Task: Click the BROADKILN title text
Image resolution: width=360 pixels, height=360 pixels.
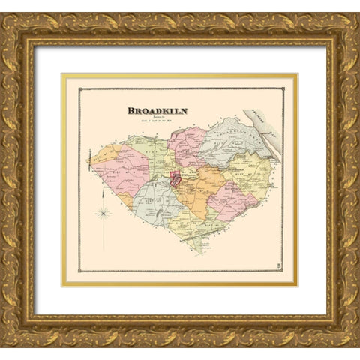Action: point(157,110)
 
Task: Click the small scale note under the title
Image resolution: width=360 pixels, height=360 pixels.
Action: point(157,122)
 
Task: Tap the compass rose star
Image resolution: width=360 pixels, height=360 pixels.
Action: point(104,213)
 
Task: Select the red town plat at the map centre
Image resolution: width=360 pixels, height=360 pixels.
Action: point(175,179)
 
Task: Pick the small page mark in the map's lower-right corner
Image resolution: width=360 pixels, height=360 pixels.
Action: point(279,263)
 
